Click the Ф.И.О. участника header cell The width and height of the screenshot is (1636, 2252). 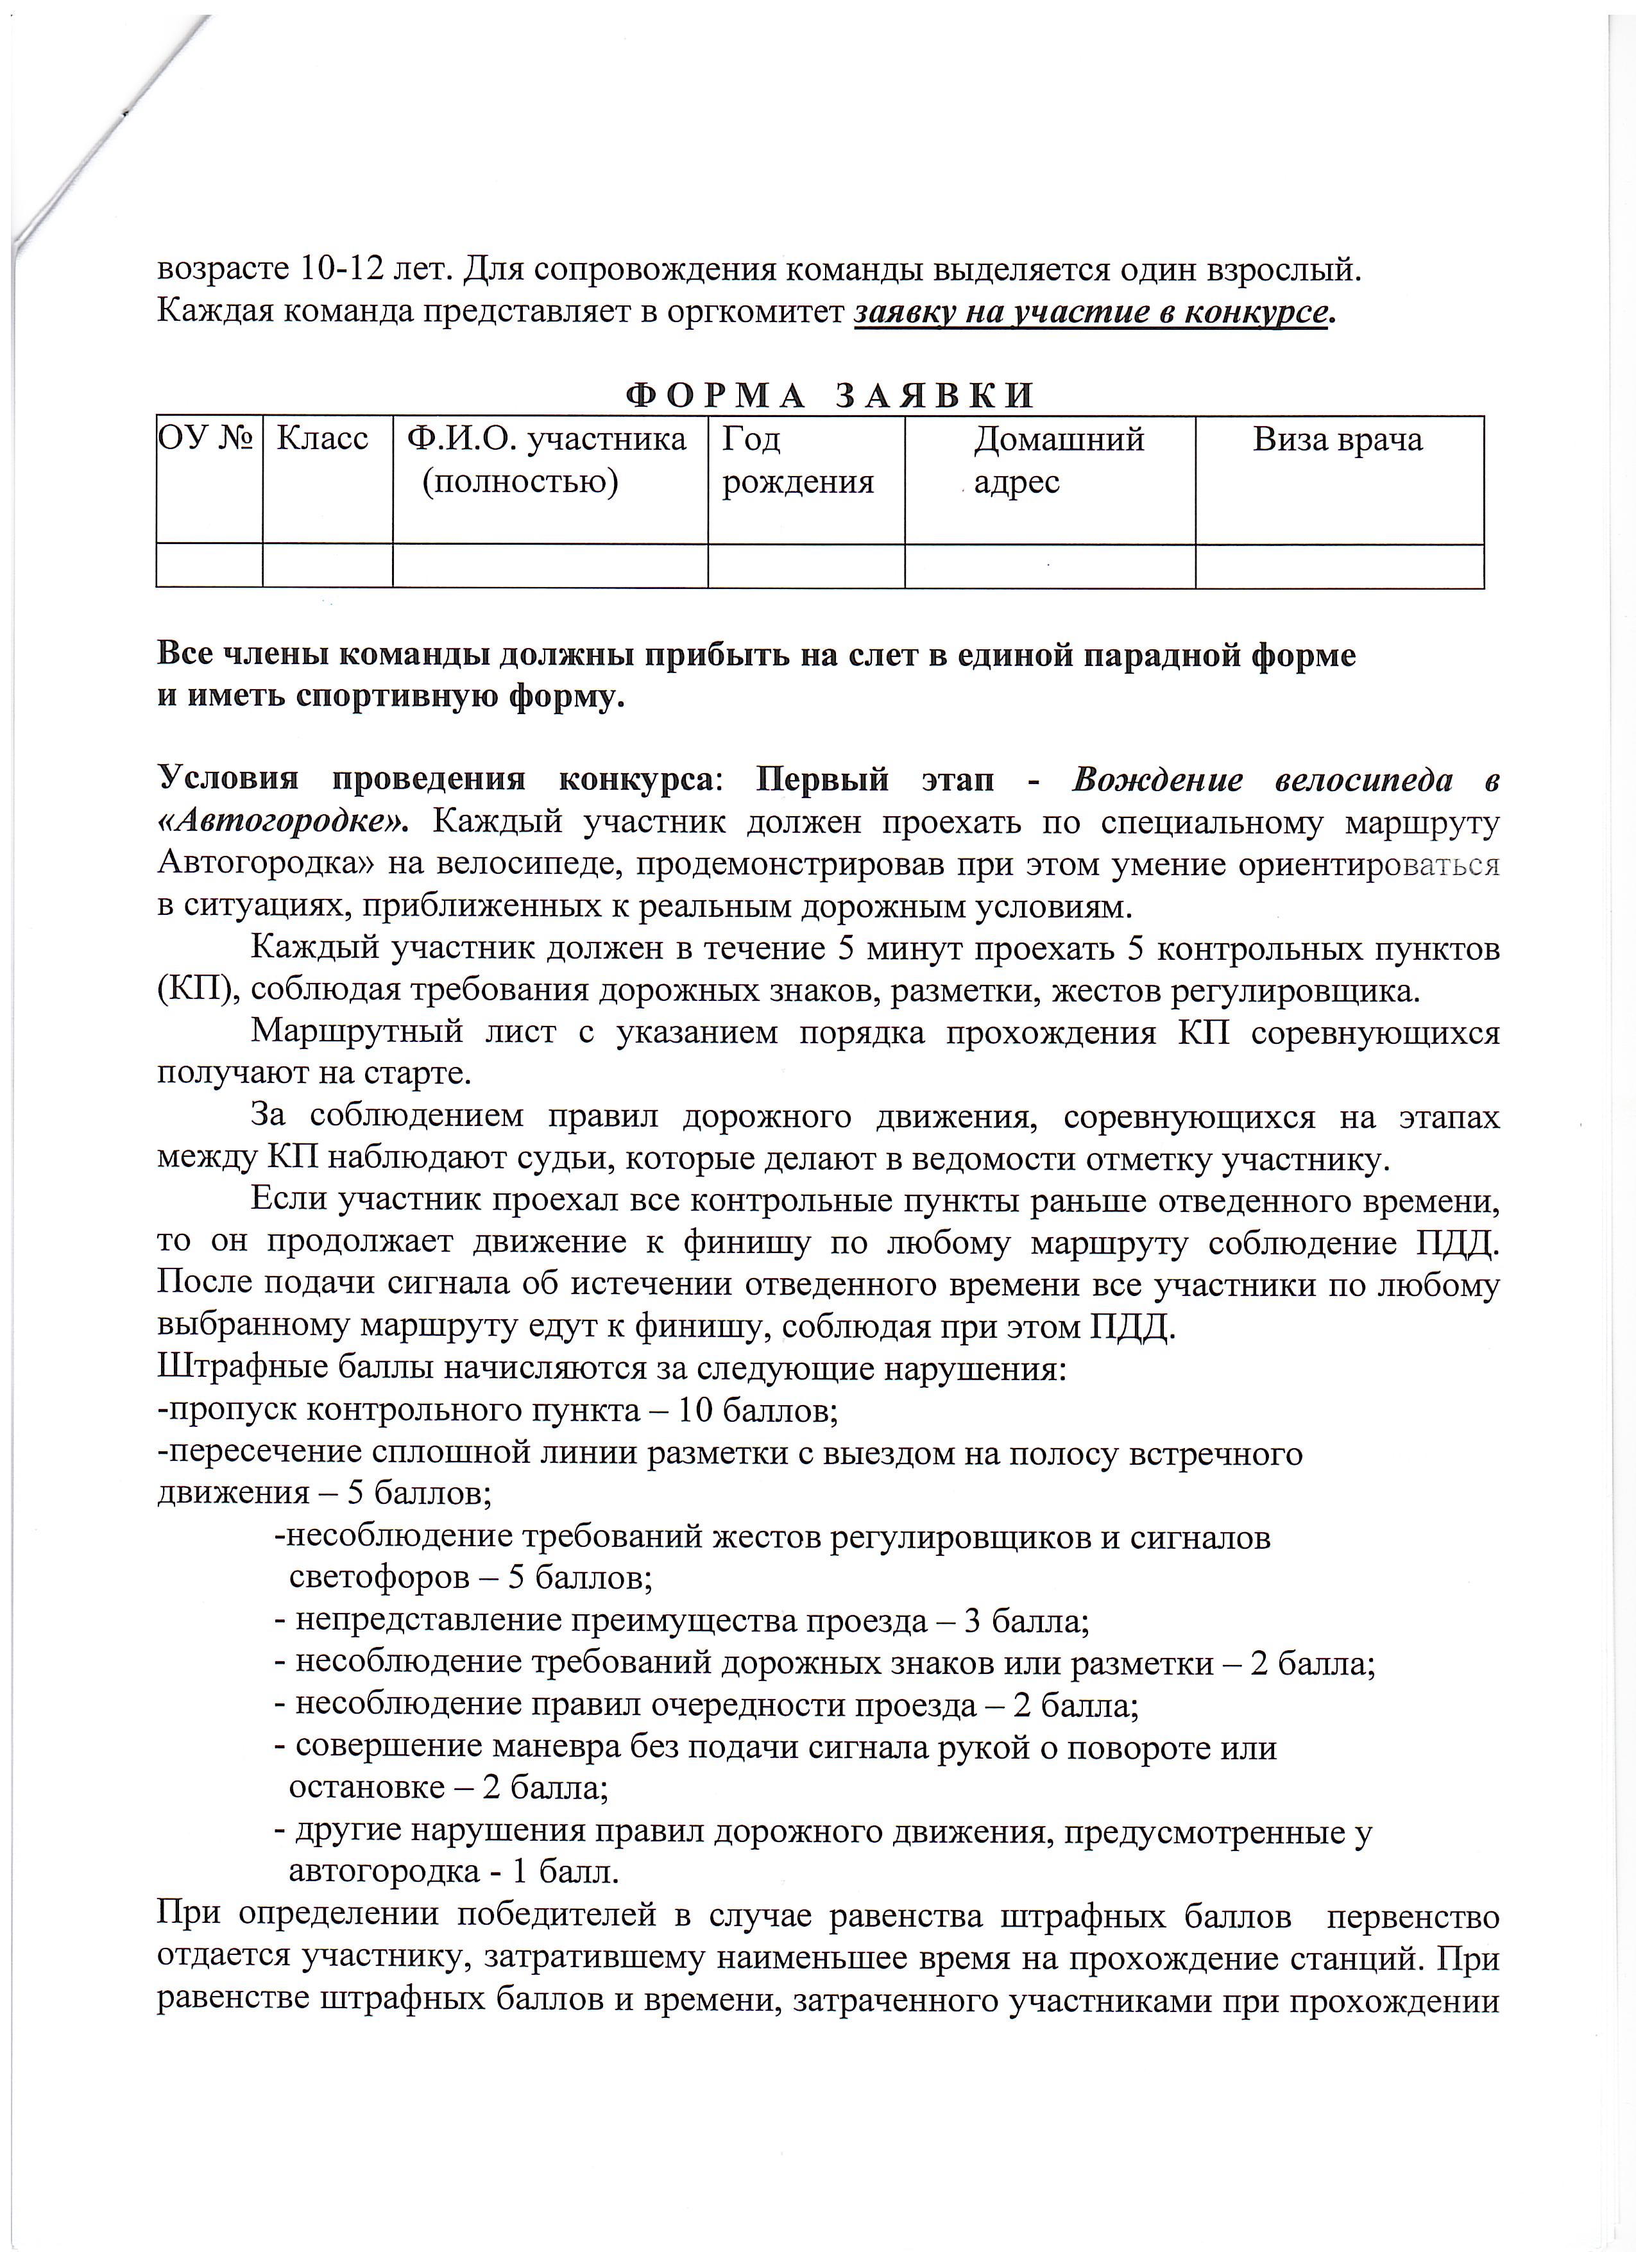(547, 460)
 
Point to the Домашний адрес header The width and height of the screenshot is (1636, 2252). (1058, 460)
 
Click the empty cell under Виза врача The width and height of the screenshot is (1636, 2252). (1339, 565)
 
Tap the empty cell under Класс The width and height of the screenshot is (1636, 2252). (328, 565)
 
